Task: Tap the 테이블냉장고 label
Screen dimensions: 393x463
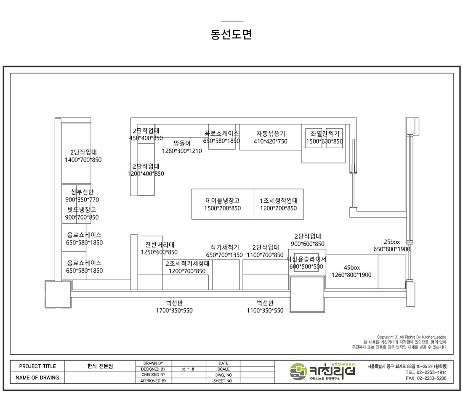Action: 222,201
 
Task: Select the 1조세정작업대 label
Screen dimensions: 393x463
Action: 278,201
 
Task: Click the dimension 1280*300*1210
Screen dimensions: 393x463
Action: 182,151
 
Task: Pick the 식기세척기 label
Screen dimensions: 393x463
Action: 224,247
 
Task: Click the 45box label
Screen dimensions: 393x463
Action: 352,268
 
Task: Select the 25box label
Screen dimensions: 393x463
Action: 391,242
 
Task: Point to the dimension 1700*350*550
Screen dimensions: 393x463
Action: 174,311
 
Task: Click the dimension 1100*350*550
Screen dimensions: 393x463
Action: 265,311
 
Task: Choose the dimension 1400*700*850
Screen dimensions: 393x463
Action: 83,160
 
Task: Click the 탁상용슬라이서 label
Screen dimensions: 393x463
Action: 306,259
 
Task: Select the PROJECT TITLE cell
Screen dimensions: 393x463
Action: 37,366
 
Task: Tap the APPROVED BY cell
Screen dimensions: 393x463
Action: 153,381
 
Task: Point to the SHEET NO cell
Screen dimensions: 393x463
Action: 223,381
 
